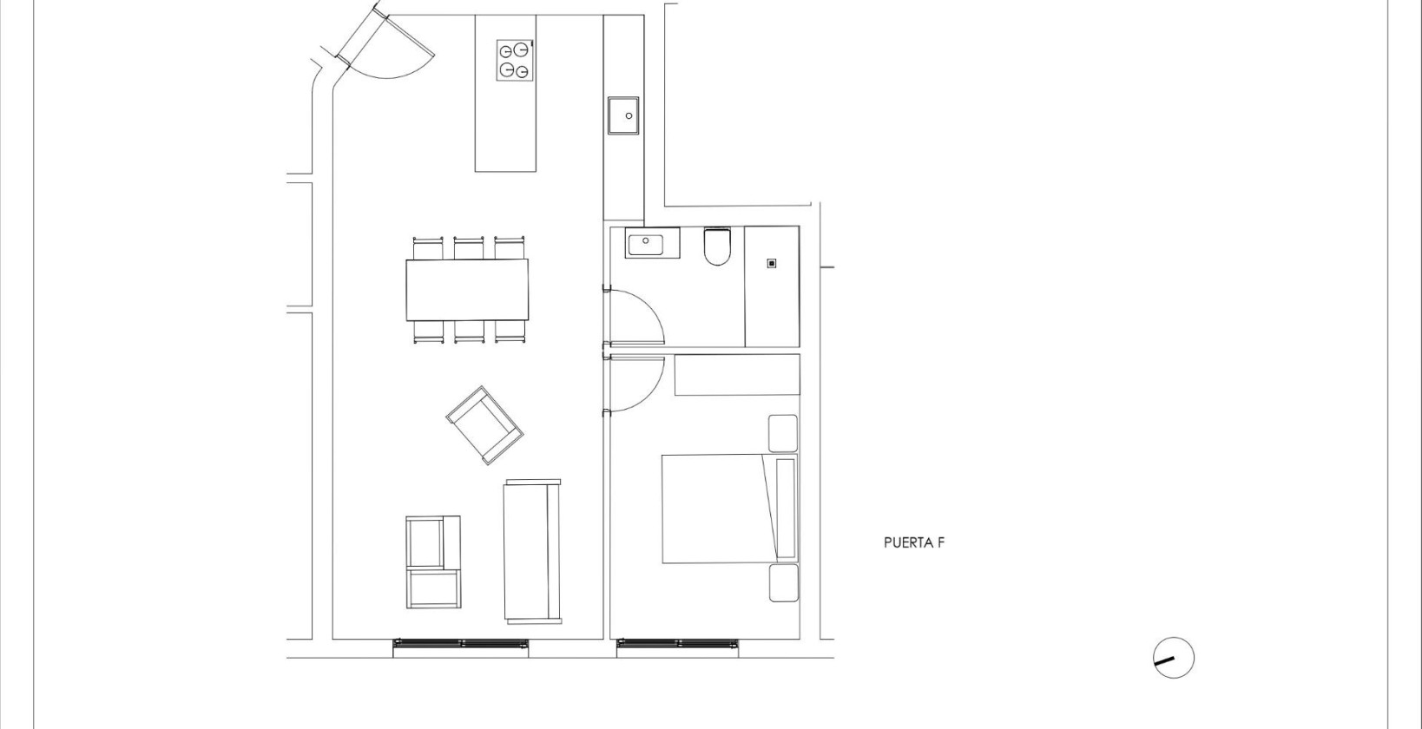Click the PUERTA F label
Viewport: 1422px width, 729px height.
(x=914, y=542)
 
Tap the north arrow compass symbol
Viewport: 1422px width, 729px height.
(x=1173, y=658)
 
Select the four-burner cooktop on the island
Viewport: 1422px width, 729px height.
(x=514, y=60)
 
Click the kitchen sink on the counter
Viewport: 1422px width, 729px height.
(x=623, y=115)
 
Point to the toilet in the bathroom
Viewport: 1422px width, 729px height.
(x=717, y=246)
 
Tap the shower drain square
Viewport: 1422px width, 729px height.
(x=771, y=263)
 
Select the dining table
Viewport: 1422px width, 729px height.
(x=467, y=289)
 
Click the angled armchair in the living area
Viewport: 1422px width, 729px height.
(x=485, y=425)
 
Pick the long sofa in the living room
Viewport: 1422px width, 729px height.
(x=533, y=551)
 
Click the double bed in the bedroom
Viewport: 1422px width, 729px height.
(x=729, y=509)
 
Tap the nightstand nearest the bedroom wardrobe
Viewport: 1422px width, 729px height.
(x=783, y=433)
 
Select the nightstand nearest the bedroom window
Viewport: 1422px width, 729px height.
(x=784, y=583)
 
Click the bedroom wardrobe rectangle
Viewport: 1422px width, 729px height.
(x=737, y=375)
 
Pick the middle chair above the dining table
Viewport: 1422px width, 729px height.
(x=469, y=247)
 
